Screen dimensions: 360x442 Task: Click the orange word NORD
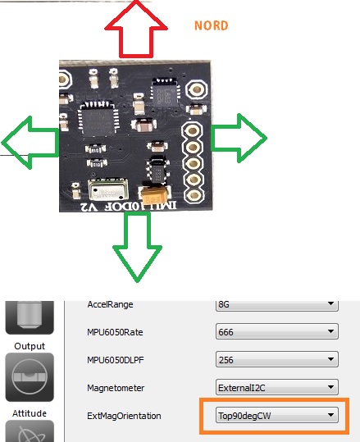coord(211,25)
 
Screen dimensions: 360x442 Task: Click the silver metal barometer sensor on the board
coord(108,189)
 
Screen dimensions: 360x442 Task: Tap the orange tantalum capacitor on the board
coord(154,195)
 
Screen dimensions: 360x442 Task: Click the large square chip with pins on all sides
coord(98,119)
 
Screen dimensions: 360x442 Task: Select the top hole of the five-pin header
coord(193,131)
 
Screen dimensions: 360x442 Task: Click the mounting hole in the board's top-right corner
coord(197,89)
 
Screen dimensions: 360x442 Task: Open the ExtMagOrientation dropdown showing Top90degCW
coord(277,415)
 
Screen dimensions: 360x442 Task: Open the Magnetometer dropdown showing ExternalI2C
coord(277,387)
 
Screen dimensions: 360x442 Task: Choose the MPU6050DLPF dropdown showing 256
coord(277,359)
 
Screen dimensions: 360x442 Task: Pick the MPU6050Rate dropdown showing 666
coord(277,332)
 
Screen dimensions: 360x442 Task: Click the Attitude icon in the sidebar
coord(30,377)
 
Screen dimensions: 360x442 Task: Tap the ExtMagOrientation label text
coord(124,416)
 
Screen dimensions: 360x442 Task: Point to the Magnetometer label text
coord(116,388)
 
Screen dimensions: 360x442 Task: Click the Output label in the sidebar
coord(30,346)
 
